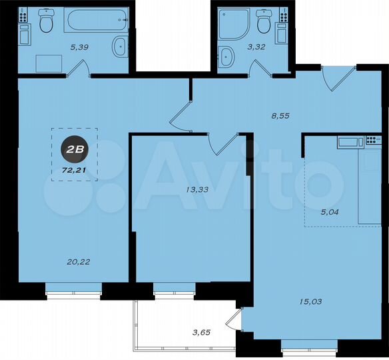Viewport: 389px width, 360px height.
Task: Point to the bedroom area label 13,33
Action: click(198, 189)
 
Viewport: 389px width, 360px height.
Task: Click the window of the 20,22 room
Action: click(73, 288)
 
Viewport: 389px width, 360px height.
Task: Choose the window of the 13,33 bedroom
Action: click(175, 288)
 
